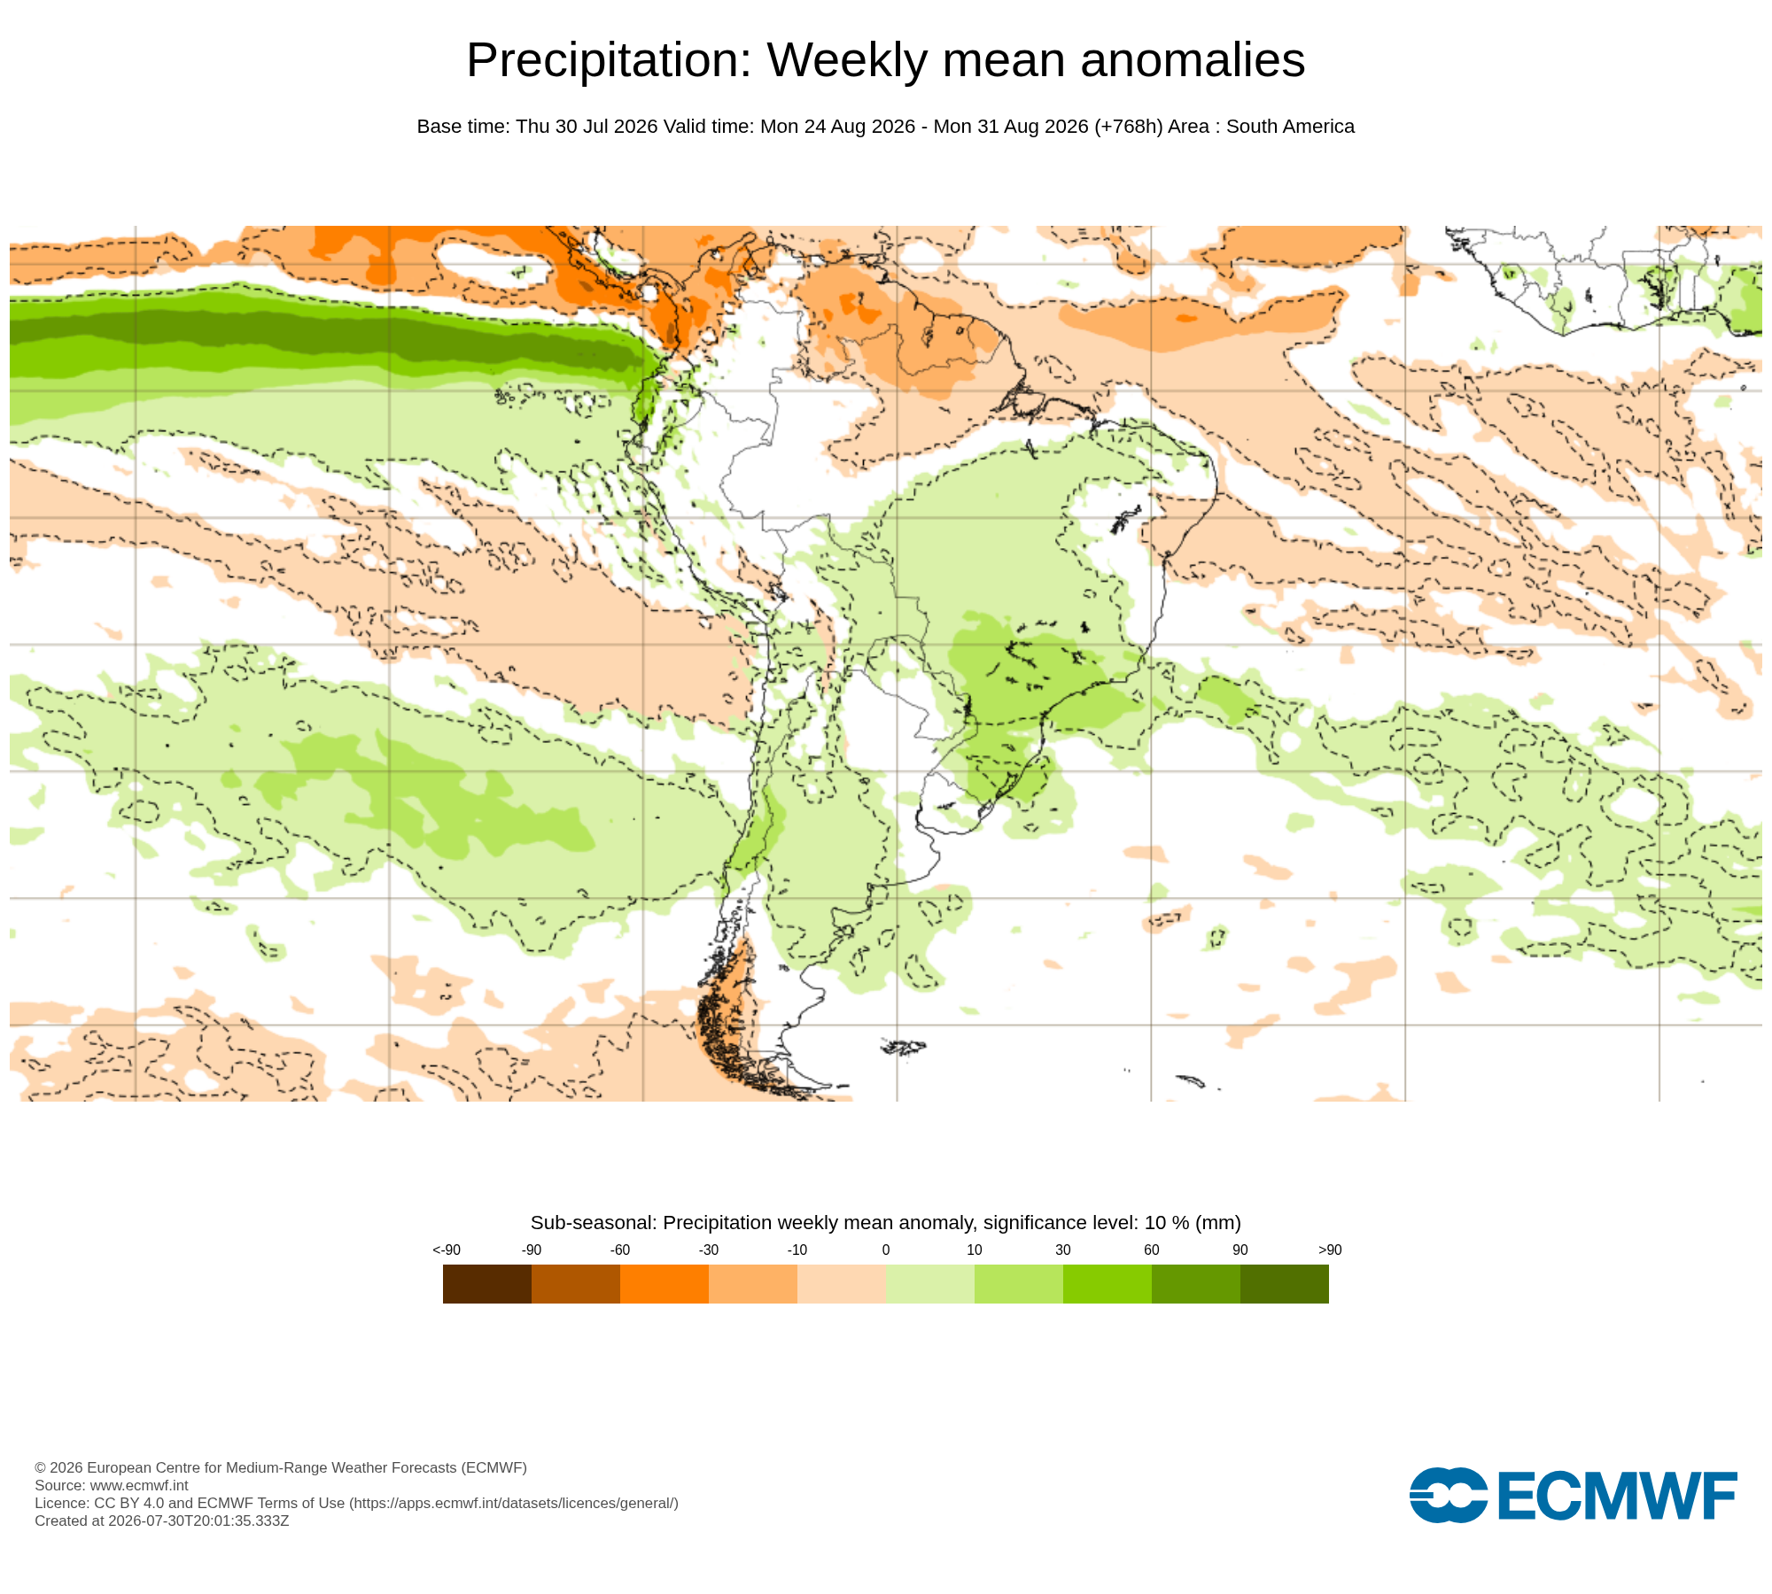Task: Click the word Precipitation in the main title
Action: point(609,61)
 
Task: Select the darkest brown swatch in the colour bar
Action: point(487,1284)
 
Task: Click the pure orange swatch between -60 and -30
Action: point(664,1284)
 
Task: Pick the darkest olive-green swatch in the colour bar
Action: point(1285,1284)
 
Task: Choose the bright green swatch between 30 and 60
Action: point(1107,1284)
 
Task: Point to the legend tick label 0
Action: point(886,1250)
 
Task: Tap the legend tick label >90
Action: point(1330,1250)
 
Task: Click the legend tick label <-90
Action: point(447,1250)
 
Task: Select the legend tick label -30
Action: point(709,1250)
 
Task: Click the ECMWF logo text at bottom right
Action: point(1617,1496)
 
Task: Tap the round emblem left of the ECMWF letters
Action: point(1449,1496)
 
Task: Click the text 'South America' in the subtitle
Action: point(1290,127)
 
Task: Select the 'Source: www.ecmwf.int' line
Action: point(112,1485)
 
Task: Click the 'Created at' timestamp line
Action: point(162,1520)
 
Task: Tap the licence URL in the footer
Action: point(514,1503)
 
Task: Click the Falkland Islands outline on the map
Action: point(904,1048)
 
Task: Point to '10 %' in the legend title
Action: point(1168,1223)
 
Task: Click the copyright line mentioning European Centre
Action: point(281,1467)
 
